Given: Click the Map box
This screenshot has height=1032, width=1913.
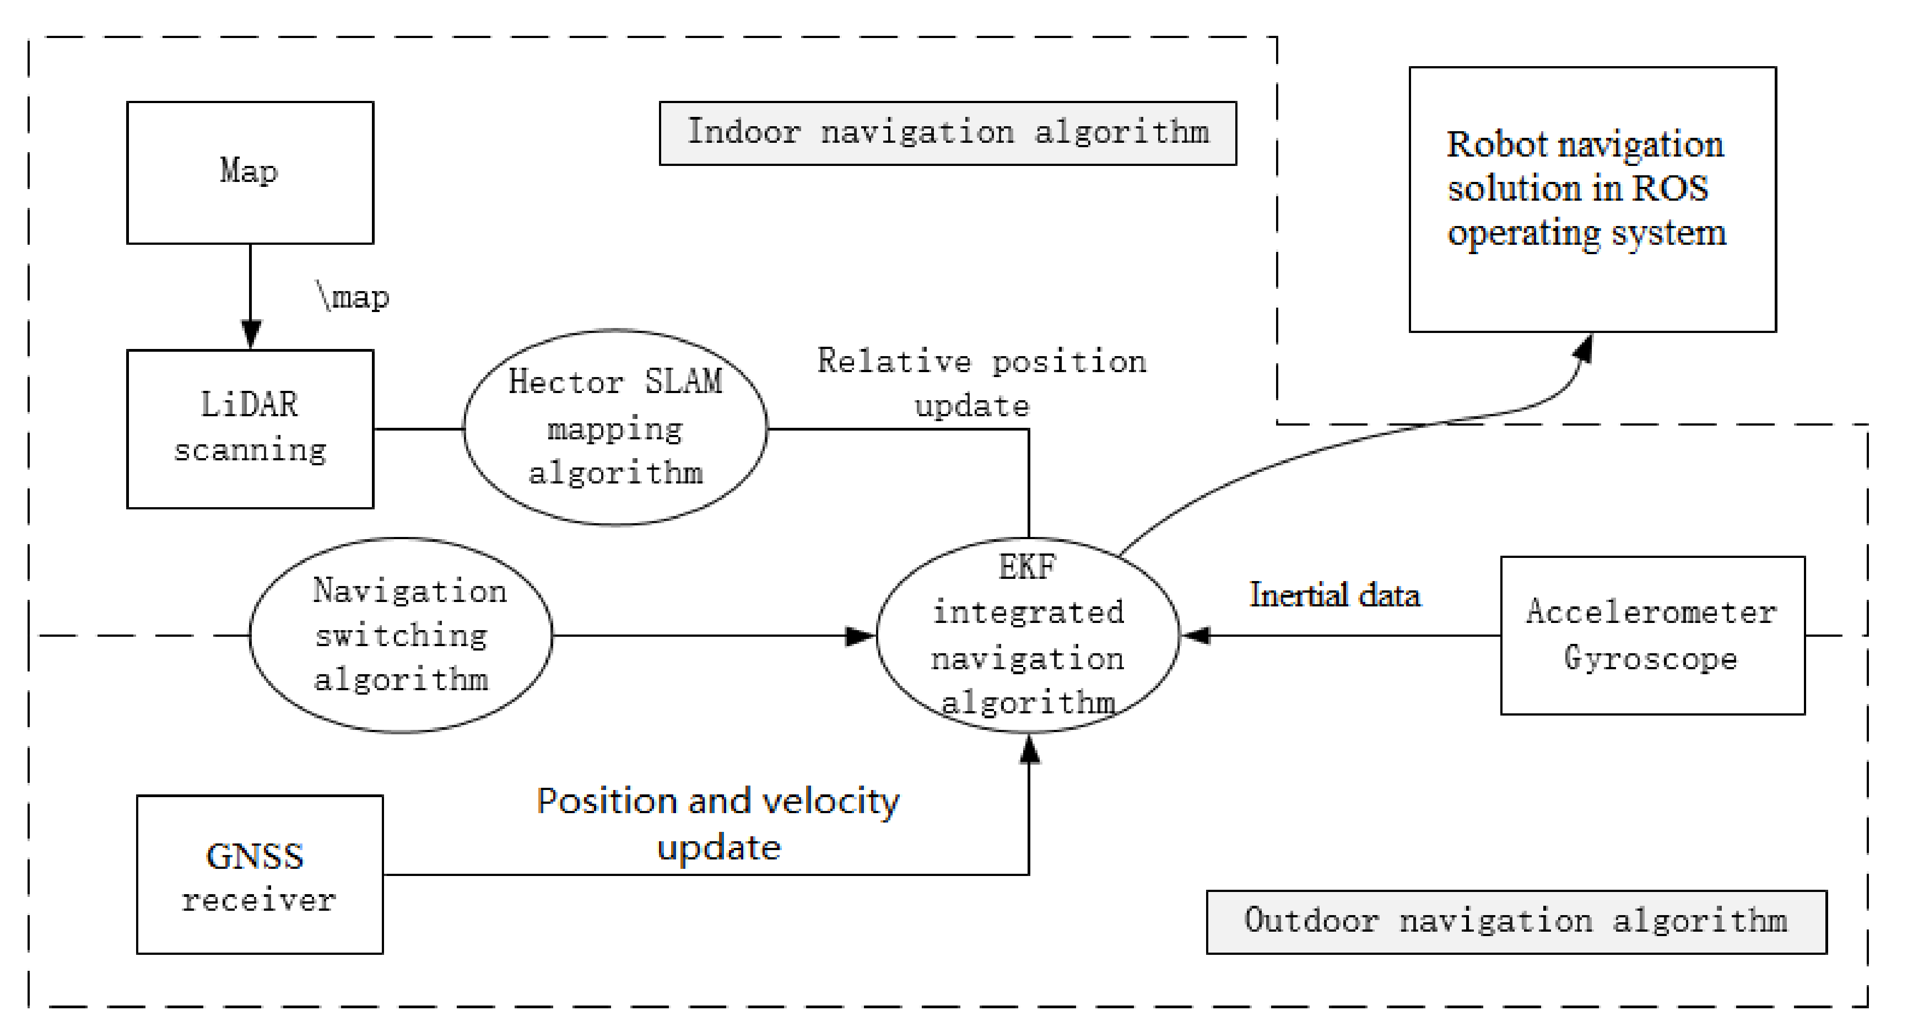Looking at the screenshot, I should (x=250, y=173).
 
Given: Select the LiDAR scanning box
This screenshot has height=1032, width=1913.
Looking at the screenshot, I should (x=250, y=429).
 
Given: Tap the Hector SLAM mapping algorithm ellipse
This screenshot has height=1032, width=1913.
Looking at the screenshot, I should (x=615, y=427).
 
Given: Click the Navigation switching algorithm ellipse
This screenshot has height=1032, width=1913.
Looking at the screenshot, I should (x=401, y=635).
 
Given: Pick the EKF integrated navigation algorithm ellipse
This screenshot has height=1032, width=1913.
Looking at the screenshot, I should (x=1028, y=635).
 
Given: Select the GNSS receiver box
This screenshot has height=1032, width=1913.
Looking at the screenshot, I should (x=259, y=874).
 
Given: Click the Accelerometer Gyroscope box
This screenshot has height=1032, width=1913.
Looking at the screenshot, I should (x=1652, y=635).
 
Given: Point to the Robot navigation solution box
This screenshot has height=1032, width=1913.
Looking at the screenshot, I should (x=1592, y=199).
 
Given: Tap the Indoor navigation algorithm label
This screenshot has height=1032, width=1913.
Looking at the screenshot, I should (x=948, y=133).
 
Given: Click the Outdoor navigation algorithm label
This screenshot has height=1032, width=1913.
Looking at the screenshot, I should (x=1516, y=921).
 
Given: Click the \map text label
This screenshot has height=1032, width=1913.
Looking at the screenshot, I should (x=353, y=297).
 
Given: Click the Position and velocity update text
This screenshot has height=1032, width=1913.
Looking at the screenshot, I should (x=718, y=823).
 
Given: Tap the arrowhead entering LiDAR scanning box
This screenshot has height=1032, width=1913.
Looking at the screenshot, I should (x=251, y=334).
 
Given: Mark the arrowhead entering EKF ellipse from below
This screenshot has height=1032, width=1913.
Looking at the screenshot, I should (x=1029, y=749).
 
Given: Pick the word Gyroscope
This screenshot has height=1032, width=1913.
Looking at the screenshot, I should (x=1650, y=658).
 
